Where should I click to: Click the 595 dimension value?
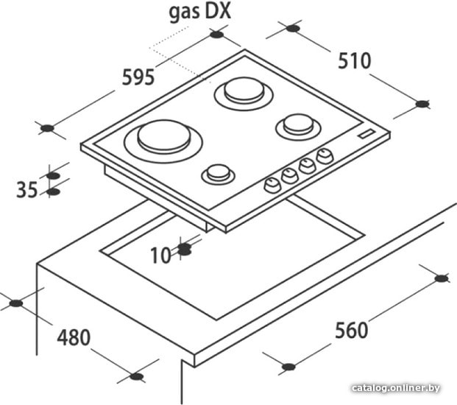[x=138, y=77]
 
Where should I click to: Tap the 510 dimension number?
[x=355, y=61]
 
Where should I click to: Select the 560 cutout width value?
[x=352, y=330]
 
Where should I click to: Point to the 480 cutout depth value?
[x=74, y=337]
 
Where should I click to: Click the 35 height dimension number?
[x=26, y=189]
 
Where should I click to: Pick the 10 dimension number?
[x=160, y=256]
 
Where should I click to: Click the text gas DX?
[x=200, y=12]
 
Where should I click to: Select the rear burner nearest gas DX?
[x=244, y=93]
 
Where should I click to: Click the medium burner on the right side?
[x=298, y=126]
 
